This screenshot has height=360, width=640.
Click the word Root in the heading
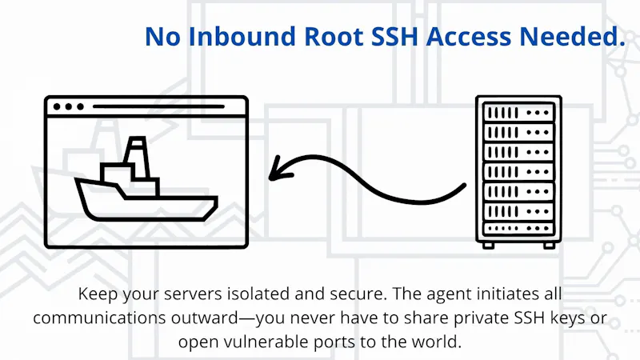click(x=334, y=36)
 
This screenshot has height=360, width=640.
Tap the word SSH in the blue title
click(x=395, y=36)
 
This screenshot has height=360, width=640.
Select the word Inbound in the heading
click(x=242, y=36)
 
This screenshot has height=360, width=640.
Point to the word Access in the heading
click(x=469, y=36)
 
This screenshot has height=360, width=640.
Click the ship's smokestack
click(x=136, y=157)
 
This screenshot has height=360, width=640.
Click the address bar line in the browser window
click(x=158, y=106)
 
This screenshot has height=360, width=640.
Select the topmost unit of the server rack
click(x=518, y=112)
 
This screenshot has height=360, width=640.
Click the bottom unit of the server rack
click(x=518, y=229)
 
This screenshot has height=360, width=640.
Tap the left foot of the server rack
click(x=488, y=246)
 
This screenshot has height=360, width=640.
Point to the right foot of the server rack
click(x=549, y=246)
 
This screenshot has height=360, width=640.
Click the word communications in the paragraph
click(x=99, y=318)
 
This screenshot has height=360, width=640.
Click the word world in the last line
click(x=436, y=342)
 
